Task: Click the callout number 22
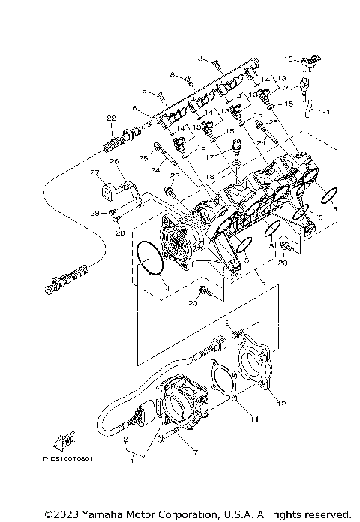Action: coord(110,118)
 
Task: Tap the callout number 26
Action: coord(114,161)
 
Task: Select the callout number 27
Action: coord(95,172)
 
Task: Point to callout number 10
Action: coord(286,58)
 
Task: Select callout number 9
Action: coord(227,322)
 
